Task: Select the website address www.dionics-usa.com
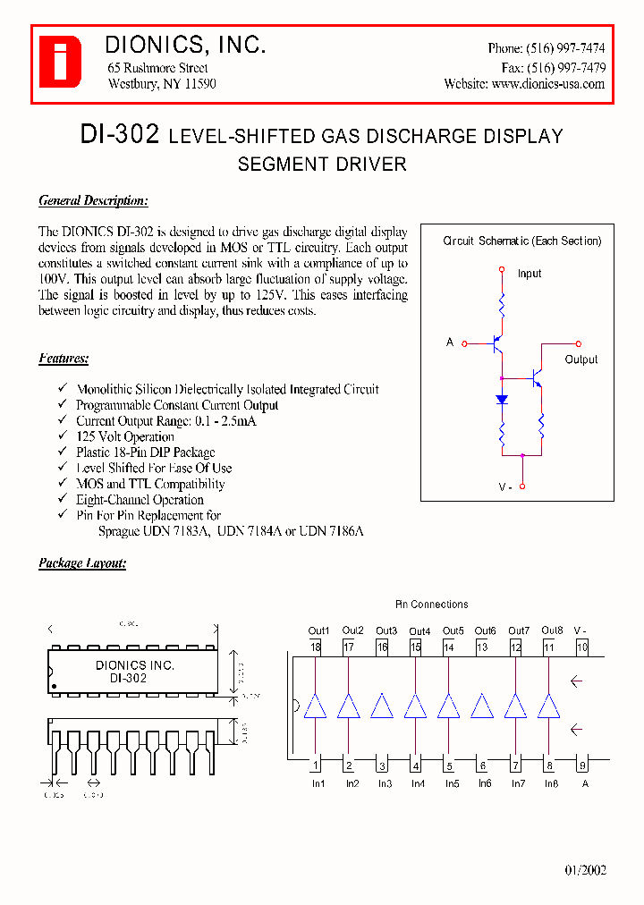pos(548,84)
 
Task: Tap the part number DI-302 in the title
pos(119,135)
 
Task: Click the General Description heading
pos(93,201)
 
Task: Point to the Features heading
pos(64,359)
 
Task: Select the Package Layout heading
pos(82,563)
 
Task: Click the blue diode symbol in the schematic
pos(502,400)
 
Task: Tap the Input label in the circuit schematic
pos(530,274)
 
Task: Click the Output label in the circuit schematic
pos(581,359)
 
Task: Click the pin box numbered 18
pos(316,647)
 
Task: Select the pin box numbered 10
pos(582,647)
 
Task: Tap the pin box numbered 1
pos(316,765)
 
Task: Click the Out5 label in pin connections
pos(453,630)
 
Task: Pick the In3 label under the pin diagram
pos(385,783)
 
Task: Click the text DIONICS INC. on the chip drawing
pos(135,665)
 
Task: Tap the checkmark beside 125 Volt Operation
pos(62,436)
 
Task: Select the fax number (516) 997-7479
pos(565,67)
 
